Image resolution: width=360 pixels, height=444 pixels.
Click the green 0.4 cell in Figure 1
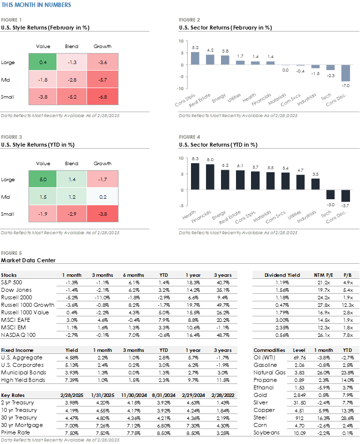42,63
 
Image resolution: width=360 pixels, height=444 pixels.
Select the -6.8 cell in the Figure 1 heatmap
102,97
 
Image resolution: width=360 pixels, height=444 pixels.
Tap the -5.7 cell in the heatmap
102,80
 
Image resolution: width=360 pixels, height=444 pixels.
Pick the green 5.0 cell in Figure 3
42,179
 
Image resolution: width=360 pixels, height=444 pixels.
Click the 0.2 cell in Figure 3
102,197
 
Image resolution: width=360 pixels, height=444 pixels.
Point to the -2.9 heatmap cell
72,214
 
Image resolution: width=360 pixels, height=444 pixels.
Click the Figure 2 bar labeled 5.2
195,58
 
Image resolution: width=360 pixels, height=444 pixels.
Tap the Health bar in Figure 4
195,176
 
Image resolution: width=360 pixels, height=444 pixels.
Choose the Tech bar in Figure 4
330,195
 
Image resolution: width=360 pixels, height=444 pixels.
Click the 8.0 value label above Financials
210,159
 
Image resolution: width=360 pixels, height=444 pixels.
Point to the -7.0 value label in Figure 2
345,86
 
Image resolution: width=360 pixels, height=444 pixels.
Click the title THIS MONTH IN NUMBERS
36,5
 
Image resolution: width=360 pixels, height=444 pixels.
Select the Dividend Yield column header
282,275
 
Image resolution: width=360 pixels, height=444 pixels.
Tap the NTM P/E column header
323,275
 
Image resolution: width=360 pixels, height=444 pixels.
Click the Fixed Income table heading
17,350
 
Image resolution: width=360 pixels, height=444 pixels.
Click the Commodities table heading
269,350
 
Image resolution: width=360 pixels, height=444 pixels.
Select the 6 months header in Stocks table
133,275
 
